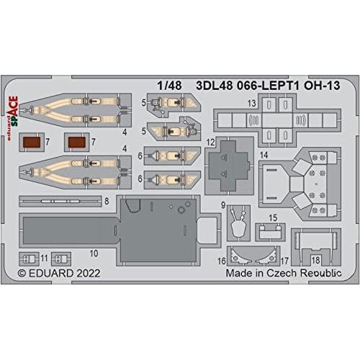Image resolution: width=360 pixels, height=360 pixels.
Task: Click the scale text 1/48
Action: coord(169,86)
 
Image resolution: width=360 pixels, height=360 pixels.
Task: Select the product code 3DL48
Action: coord(215,86)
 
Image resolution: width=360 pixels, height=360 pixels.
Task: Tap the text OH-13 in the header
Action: coord(322,86)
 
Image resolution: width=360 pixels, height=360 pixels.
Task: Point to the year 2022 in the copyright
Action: coord(89,273)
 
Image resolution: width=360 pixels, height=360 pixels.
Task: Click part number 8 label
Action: coord(107,201)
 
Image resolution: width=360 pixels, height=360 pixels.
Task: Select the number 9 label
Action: coord(223,205)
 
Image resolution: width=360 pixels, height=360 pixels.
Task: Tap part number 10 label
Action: coord(94,253)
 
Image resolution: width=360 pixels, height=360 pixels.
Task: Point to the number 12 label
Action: coord(210,143)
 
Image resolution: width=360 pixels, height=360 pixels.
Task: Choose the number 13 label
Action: coord(252,104)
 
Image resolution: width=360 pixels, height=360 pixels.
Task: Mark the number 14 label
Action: coord(264,155)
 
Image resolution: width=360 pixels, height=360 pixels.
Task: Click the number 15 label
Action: coord(273,218)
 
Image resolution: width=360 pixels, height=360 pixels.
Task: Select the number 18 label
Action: coord(315,260)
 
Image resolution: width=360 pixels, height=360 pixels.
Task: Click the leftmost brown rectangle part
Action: coord(32,142)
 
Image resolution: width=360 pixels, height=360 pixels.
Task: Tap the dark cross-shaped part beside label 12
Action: coord(229,166)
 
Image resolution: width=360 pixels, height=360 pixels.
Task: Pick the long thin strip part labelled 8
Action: coord(60,201)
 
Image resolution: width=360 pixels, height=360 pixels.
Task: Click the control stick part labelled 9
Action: coord(238,224)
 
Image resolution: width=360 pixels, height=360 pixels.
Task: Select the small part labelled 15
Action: coord(270,232)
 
